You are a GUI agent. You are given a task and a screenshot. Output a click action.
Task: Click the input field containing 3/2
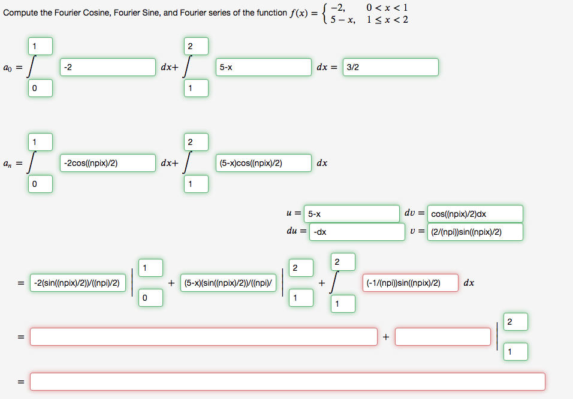click(x=390, y=67)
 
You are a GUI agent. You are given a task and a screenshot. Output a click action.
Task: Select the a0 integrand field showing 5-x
click(x=264, y=67)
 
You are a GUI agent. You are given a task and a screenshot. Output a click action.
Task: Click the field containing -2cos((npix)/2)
click(x=108, y=163)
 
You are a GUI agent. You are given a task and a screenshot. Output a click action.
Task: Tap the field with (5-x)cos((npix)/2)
click(x=264, y=163)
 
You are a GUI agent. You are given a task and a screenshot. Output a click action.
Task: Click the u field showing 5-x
click(x=351, y=214)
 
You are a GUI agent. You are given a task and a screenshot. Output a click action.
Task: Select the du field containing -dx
click(x=357, y=232)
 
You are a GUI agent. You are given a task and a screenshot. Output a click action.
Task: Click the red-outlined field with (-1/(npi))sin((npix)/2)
click(x=410, y=283)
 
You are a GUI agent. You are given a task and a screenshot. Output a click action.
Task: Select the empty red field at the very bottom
click(x=288, y=382)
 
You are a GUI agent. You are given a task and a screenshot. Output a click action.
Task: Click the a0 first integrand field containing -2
click(x=108, y=67)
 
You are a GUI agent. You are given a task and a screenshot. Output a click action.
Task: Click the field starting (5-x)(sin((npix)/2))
click(x=228, y=283)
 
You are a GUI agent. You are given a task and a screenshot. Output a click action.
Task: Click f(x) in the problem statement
click(x=299, y=13)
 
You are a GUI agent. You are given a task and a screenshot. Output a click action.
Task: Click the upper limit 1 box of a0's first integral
click(x=40, y=46)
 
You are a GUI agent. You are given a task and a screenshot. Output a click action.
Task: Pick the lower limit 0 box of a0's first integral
click(x=40, y=88)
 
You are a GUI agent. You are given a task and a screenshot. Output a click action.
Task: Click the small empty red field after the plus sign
click(x=443, y=337)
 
